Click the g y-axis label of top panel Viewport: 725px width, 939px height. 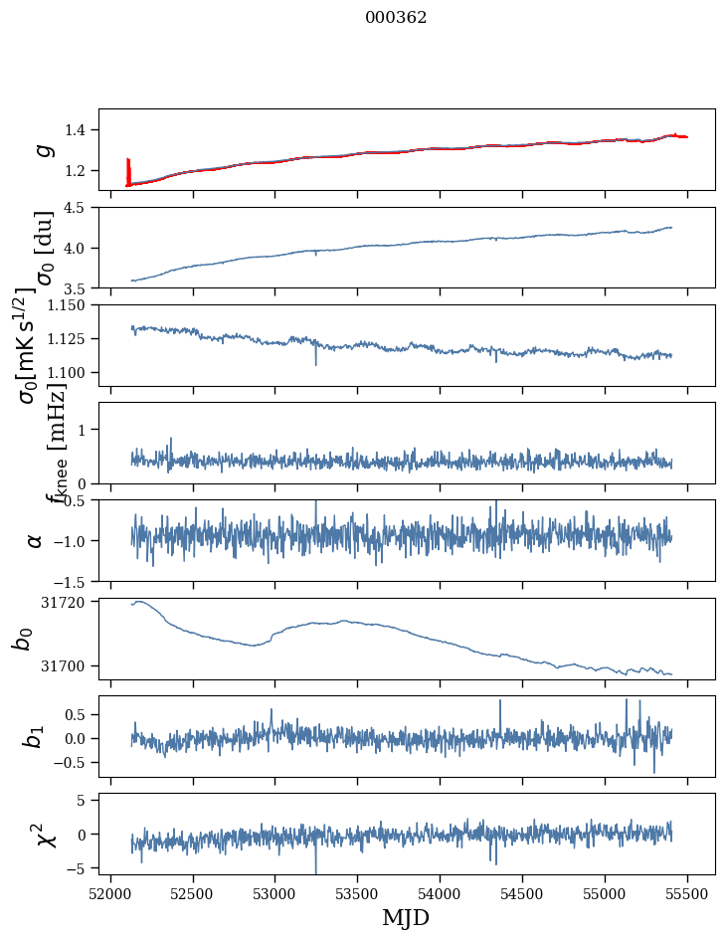[x=42, y=149]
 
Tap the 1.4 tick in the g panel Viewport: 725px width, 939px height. [x=79, y=130]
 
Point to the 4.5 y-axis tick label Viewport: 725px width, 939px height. [x=79, y=208]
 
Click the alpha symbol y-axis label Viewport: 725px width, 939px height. [x=36, y=540]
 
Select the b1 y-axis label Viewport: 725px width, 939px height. [x=35, y=736]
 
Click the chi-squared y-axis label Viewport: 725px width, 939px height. [x=45, y=834]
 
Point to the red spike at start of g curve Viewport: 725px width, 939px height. [x=128, y=169]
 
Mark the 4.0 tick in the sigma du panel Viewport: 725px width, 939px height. [x=79, y=248]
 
